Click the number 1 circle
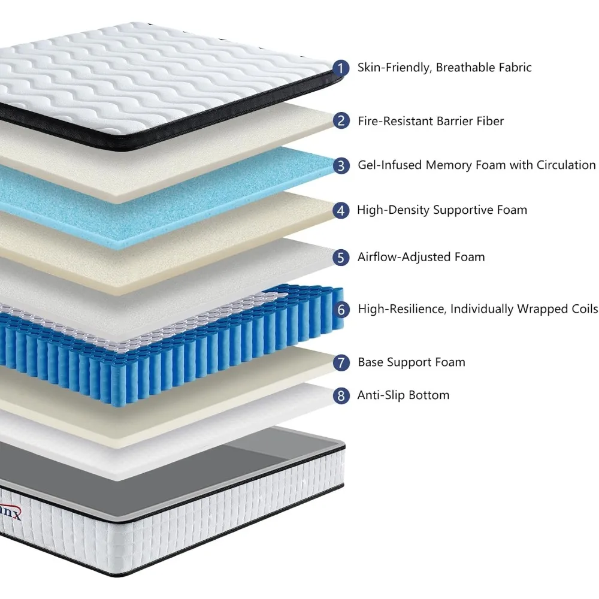click(341, 68)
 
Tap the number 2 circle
click(341, 121)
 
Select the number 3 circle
click(341, 165)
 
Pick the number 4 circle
click(341, 210)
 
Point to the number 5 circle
click(341, 258)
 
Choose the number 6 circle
click(341, 310)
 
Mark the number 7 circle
click(341, 362)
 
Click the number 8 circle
click(341, 395)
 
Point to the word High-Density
click(393, 210)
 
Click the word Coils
click(582, 310)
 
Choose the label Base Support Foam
click(412, 362)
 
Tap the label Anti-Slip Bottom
click(403, 395)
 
